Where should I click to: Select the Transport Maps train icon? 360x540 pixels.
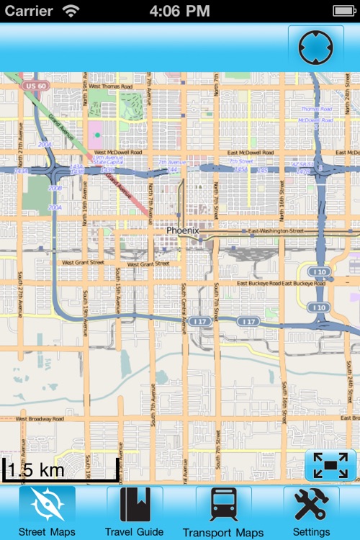coord(223,505)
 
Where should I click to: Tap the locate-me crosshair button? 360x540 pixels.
coord(315,48)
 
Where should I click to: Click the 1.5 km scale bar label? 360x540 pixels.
coord(36,470)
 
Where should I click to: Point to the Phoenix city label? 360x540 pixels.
coord(182,230)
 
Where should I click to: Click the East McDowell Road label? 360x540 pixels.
coord(251,153)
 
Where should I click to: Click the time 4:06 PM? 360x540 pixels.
coord(179,11)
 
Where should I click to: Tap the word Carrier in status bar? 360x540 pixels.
coord(29,11)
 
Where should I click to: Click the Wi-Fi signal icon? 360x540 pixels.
coord(71,11)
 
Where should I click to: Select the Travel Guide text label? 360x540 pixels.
coord(134,532)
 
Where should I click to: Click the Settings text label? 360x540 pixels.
coord(311,532)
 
